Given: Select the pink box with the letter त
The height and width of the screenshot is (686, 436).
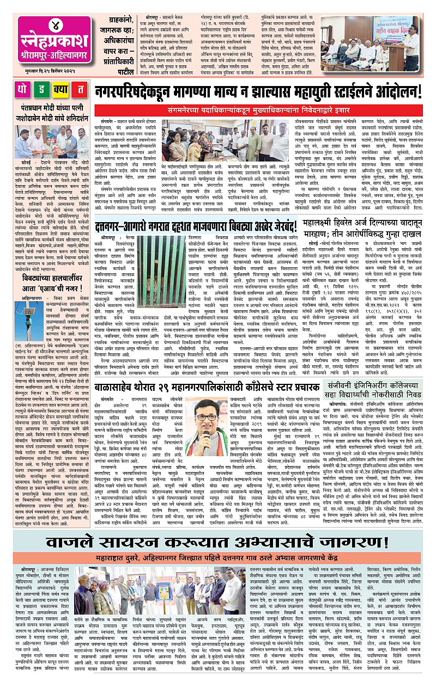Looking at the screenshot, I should [81, 89].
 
